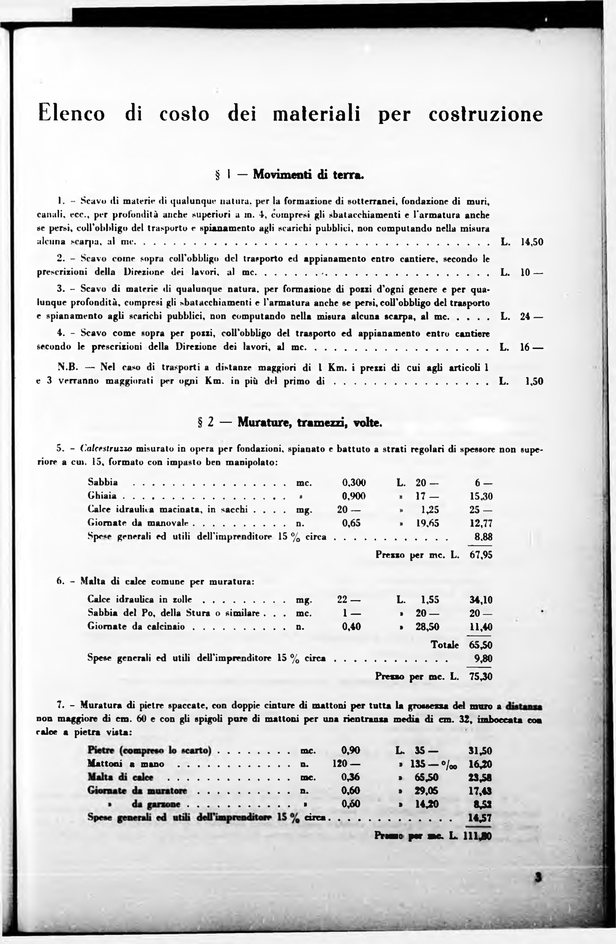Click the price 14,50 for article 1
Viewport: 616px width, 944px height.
click(532, 242)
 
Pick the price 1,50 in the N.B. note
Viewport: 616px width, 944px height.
click(534, 382)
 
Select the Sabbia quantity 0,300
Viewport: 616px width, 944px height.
click(354, 483)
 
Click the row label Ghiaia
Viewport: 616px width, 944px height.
click(102, 496)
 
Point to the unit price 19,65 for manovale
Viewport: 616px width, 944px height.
click(427, 523)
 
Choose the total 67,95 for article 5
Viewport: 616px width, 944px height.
click(481, 555)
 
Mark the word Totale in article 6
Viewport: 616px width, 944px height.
click(445, 645)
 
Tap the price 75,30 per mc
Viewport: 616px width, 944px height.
click(481, 676)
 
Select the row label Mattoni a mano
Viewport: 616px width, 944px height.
click(126, 764)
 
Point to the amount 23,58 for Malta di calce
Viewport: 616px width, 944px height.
click(480, 777)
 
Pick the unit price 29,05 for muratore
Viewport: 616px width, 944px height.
click(426, 791)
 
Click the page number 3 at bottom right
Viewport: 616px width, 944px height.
click(538, 877)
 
